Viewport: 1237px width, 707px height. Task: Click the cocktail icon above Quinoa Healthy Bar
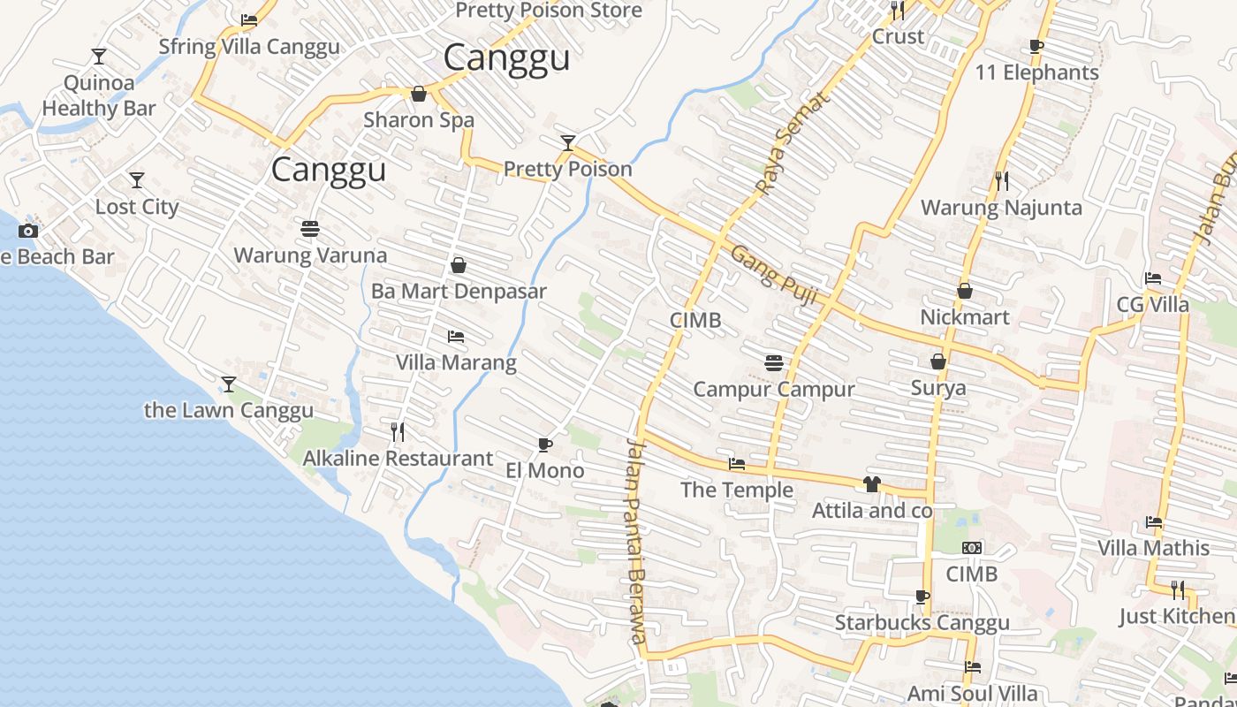pyautogui.click(x=98, y=57)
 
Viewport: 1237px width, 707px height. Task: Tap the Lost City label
pyautogui.click(x=137, y=207)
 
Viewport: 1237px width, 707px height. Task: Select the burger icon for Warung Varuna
pyautogui.click(x=310, y=229)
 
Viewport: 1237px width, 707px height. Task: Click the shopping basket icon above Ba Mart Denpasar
pyautogui.click(x=459, y=264)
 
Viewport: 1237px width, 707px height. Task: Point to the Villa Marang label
pyautogui.click(x=456, y=362)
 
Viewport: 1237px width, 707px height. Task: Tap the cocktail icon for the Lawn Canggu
pyautogui.click(x=229, y=384)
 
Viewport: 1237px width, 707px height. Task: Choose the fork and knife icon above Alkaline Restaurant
pyautogui.click(x=398, y=431)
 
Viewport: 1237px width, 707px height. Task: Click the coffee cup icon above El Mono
pyautogui.click(x=544, y=444)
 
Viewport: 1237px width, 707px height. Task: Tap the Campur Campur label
pyautogui.click(x=774, y=389)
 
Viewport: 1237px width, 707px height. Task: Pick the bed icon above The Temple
pyautogui.click(x=736, y=464)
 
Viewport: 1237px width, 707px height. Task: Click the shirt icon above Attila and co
pyautogui.click(x=872, y=484)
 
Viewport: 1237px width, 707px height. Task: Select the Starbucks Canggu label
pyautogui.click(x=922, y=623)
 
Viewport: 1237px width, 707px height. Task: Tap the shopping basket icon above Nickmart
pyautogui.click(x=965, y=290)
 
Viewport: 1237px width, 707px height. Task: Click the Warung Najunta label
pyautogui.click(x=1001, y=208)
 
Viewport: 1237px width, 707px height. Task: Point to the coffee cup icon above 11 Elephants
pyautogui.click(x=1036, y=46)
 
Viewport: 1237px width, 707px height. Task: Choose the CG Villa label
pyautogui.click(x=1153, y=305)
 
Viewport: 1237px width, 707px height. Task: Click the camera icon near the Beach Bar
pyautogui.click(x=28, y=231)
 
